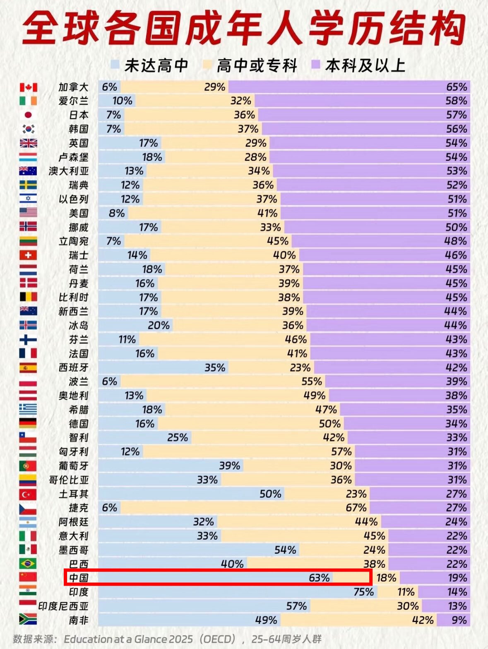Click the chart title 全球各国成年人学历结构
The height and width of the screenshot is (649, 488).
[244, 28]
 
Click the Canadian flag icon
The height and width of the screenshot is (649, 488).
[28, 87]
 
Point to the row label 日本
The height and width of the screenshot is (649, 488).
[79, 115]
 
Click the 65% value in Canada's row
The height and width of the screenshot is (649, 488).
[457, 87]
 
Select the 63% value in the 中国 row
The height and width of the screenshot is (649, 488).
[319, 578]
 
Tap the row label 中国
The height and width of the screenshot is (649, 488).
[79, 578]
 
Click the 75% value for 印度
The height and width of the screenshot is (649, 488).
[364, 592]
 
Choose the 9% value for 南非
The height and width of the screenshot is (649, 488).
[459, 620]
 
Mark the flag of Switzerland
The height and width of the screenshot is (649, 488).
[28, 255]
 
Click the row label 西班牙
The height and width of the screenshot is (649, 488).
[74, 367]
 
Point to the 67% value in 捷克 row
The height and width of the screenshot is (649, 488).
[356, 508]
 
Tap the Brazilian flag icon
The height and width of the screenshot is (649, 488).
[28, 564]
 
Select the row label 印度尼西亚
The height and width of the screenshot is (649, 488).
[63, 606]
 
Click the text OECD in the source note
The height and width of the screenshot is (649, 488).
[218, 639]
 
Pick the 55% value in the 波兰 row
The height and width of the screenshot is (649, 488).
[312, 381]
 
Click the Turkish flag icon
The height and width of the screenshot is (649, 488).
[28, 494]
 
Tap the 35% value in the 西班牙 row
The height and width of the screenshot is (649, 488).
[215, 367]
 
